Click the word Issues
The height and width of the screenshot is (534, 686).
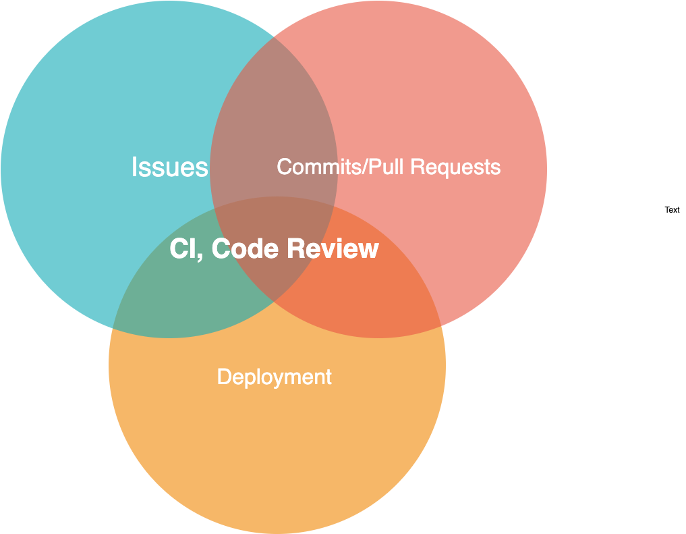tap(169, 167)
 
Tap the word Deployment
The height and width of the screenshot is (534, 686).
tap(275, 377)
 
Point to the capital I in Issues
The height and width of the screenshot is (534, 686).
tap(134, 167)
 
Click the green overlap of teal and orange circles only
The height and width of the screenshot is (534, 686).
tap(175, 297)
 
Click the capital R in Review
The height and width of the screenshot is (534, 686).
tap(296, 249)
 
